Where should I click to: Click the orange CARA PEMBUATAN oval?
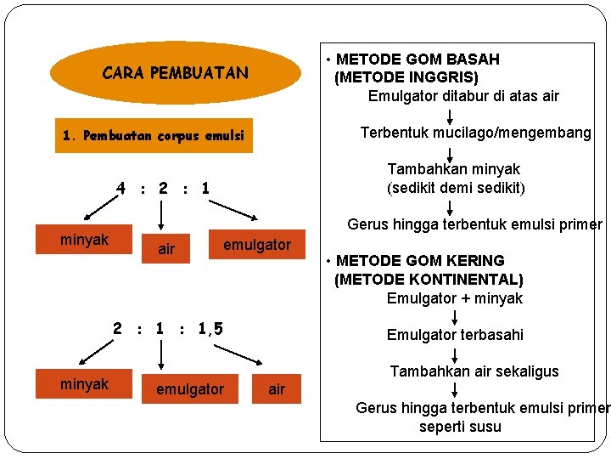[176, 73]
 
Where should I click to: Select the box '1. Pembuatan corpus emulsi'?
[154, 135]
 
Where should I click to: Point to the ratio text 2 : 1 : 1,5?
[169, 328]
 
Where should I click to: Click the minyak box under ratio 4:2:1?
[85, 241]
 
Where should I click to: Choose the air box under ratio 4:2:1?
[166, 249]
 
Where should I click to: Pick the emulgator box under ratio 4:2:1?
[257, 245]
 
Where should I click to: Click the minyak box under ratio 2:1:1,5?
[85, 384]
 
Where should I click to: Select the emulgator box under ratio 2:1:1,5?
[190, 389]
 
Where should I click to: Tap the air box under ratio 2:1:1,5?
[277, 389]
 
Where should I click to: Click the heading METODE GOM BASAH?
[418, 59]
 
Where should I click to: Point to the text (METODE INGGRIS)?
[406, 77]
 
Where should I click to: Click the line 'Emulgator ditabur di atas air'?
[463, 96]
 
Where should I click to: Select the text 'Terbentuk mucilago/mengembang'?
[475, 133]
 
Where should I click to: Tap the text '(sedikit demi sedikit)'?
[455, 188]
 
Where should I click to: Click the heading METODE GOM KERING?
[420, 261]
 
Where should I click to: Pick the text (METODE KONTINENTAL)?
[429, 280]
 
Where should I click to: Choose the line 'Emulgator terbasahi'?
[455, 335]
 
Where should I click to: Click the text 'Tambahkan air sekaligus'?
[474, 371]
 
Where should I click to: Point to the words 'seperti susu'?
[460, 427]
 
